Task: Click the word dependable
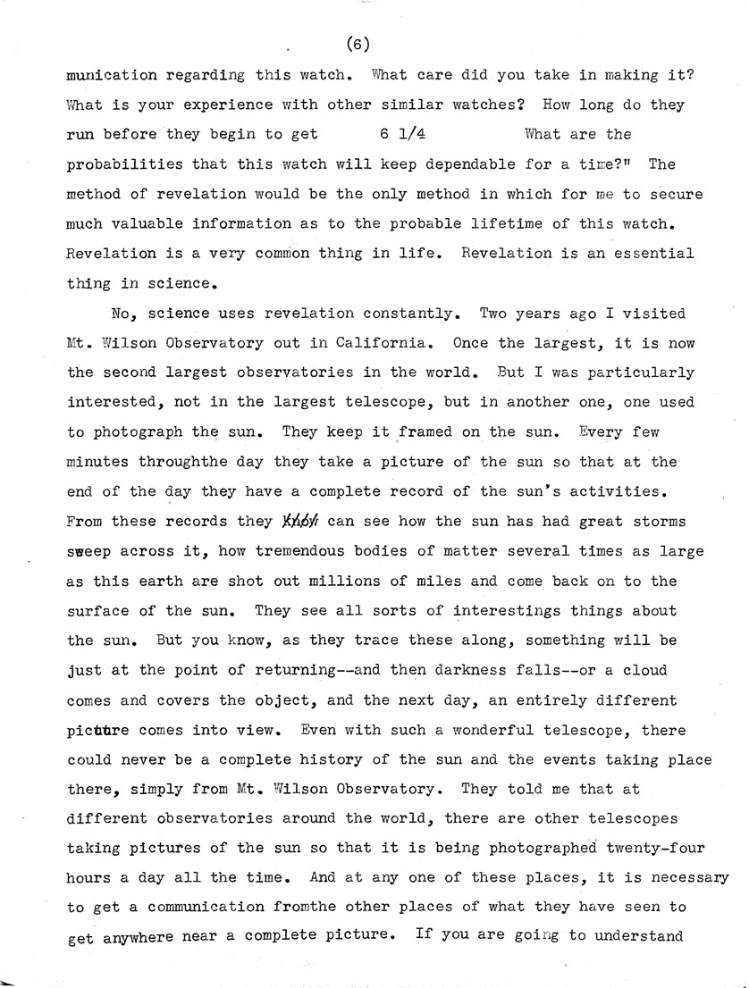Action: [x=473, y=164]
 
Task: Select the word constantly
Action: [x=413, y=313]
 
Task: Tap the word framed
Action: [x=425, y=432]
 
